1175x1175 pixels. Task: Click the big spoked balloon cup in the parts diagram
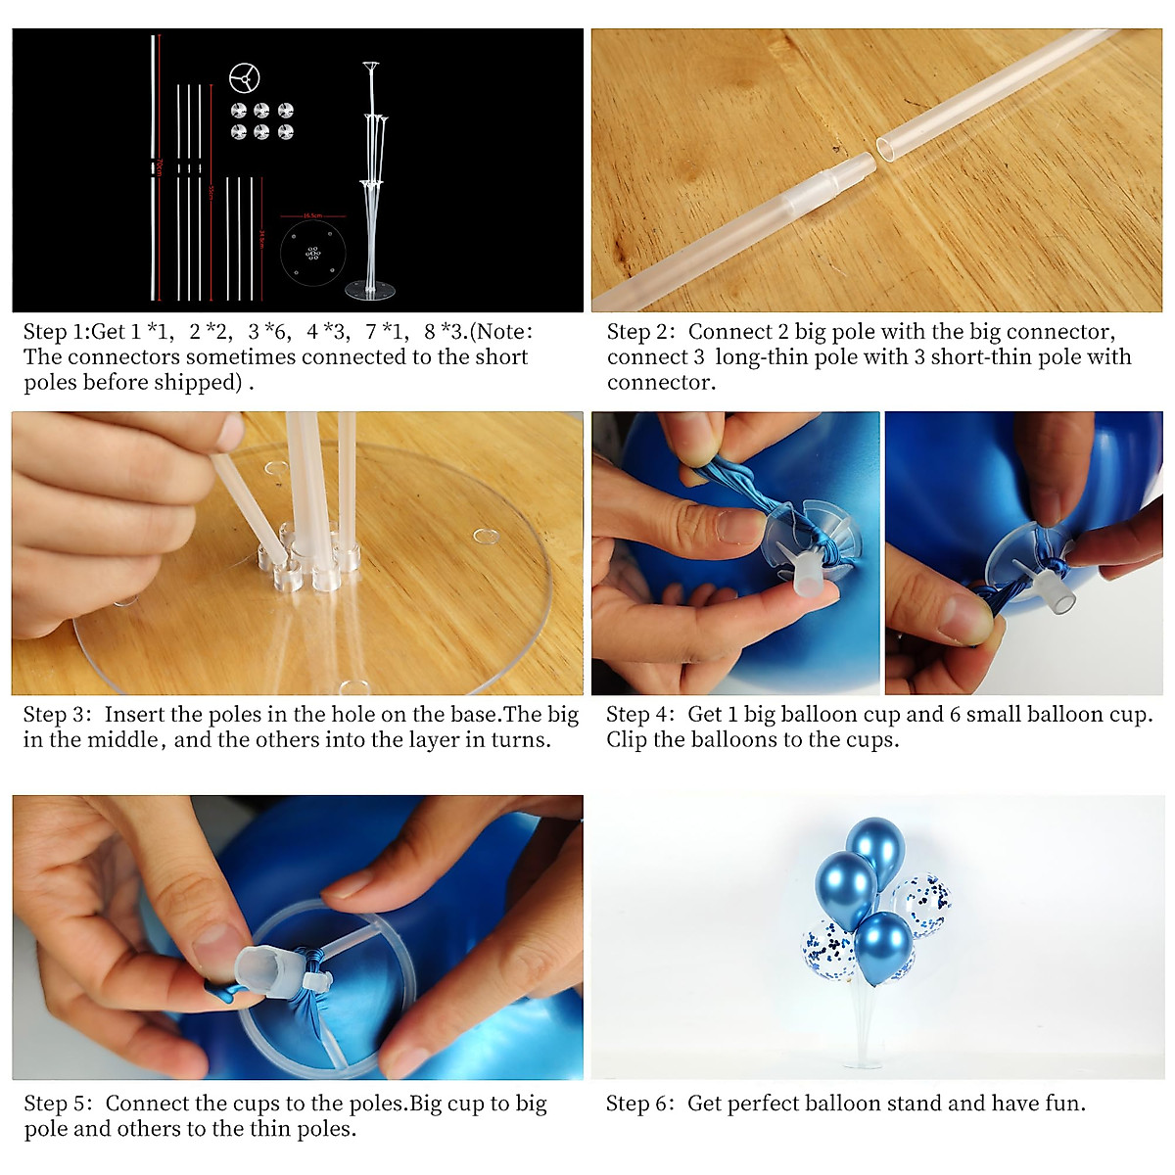(245, 77)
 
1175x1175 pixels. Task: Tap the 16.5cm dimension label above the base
(312, 215)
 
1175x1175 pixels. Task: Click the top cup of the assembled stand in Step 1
(372, 67)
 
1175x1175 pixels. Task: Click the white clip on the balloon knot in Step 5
(315, 980)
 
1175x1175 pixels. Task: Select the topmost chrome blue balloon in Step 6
(874, 845)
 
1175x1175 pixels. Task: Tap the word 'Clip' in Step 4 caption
(627, 740)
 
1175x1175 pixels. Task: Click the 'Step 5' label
(58, 1104)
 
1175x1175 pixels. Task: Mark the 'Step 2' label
(640, 332)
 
